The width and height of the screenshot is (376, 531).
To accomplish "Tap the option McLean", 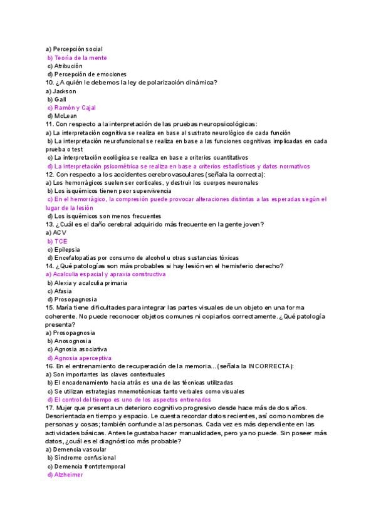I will point(66,116).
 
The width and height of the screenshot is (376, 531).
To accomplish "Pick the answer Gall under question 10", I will point(61,99).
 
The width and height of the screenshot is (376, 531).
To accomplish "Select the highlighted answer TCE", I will point(61,241).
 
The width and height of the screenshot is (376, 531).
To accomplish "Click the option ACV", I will point(60,232).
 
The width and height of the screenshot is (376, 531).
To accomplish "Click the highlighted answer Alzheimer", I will point(68,475).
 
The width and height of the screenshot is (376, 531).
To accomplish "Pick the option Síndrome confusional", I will point(81,458).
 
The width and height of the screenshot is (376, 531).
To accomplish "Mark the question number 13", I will point(50,224).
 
